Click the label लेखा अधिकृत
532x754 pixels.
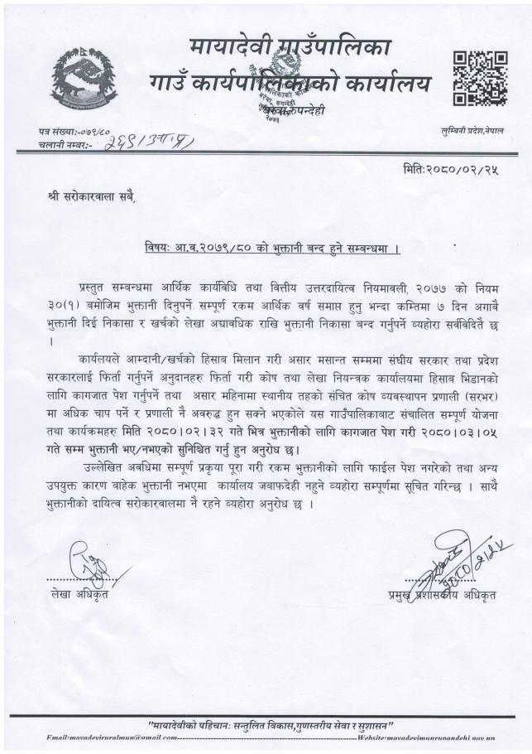[x=77, y=592]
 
